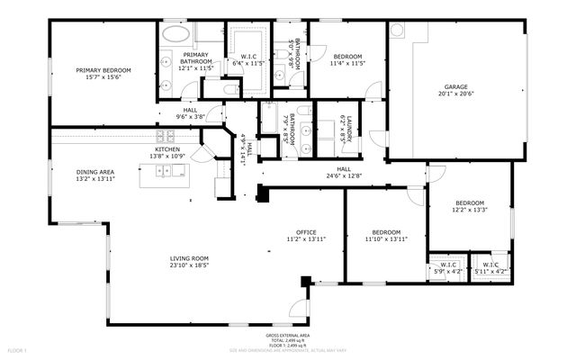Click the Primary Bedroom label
coord(104,70)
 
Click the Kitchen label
coord(167,148)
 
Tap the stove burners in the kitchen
coord(167,137)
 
